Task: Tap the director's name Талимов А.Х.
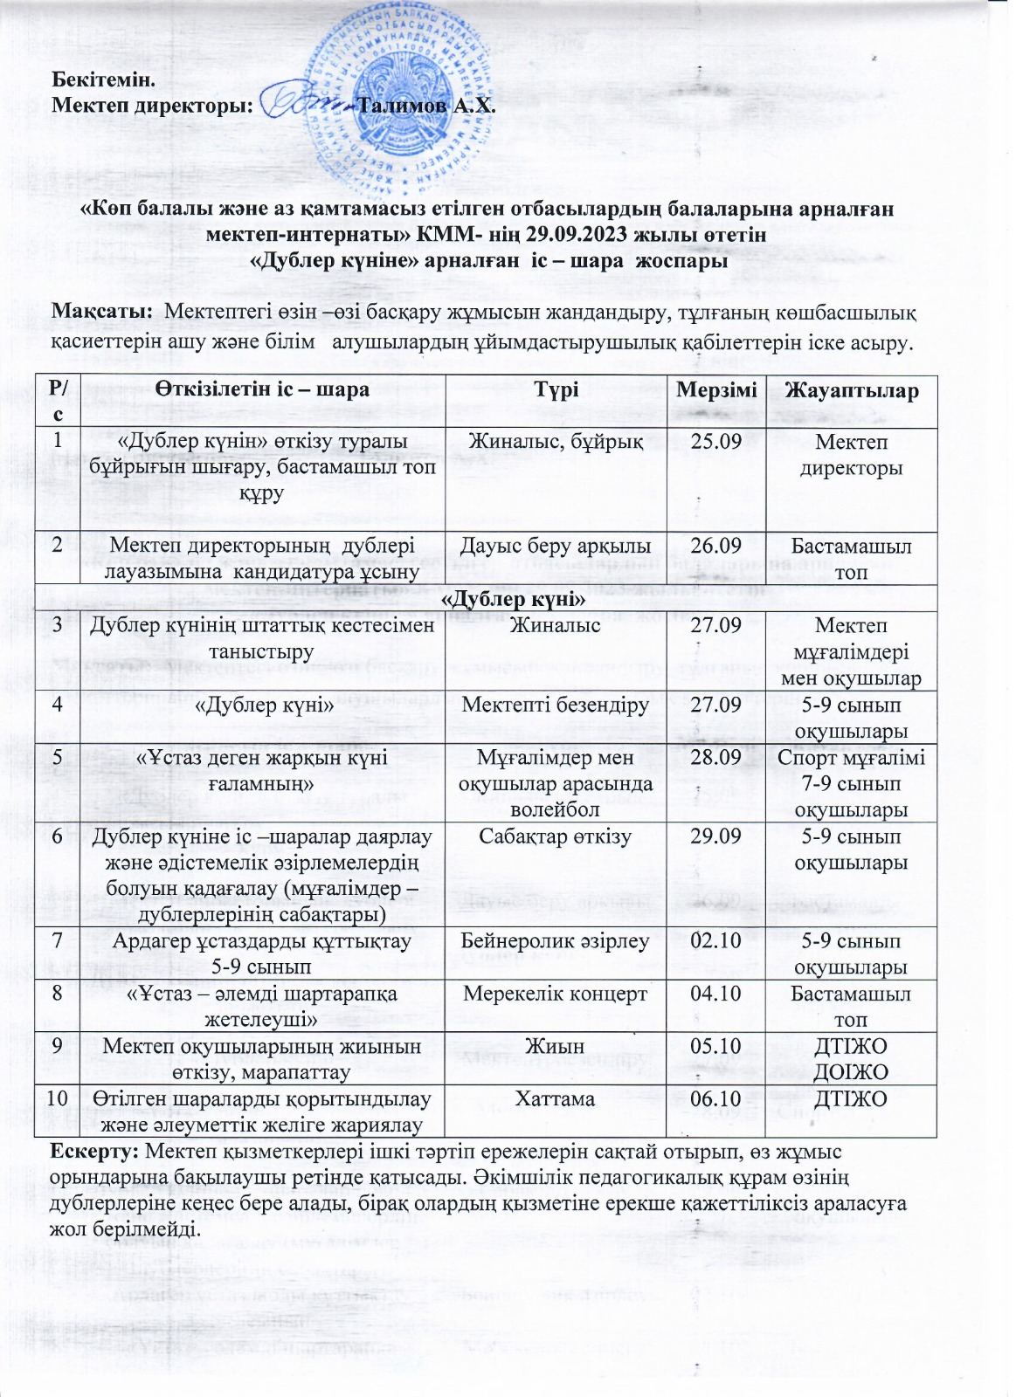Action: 427,107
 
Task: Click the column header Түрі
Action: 556,389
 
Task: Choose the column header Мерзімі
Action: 715,389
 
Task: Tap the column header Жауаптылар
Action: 851,389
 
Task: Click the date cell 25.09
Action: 715,442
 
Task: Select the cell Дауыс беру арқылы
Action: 556,547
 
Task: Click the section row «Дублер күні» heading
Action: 512,600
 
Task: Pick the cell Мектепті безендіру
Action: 556,705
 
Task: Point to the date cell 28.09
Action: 715,757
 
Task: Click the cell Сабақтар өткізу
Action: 556,836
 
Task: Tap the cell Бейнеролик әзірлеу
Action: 556,941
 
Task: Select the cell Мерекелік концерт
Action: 556,994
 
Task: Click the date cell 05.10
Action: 715,1046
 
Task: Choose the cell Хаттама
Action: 556,1098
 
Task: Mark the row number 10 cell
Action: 57,1098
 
